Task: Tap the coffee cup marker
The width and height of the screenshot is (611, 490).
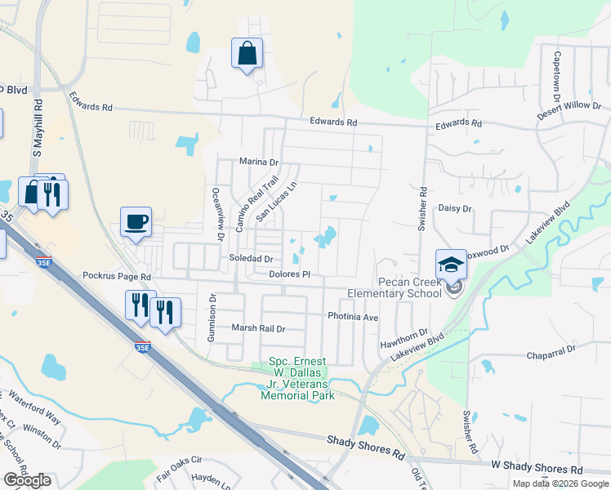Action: (136, 221)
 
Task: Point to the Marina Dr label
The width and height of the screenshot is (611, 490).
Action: (259, 162)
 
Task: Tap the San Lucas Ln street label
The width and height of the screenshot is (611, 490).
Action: (275, 203)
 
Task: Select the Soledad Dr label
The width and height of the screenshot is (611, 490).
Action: (251, 258)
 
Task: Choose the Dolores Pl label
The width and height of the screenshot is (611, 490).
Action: (290, 274)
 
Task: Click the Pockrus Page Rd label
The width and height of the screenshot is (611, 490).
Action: (118, 278)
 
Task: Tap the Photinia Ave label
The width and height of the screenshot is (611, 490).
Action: (353, 316)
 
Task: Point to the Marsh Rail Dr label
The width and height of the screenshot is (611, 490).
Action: (258, 328)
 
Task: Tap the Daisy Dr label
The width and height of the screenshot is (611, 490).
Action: (456, 209)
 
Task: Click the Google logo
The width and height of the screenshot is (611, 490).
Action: (27, 480)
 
